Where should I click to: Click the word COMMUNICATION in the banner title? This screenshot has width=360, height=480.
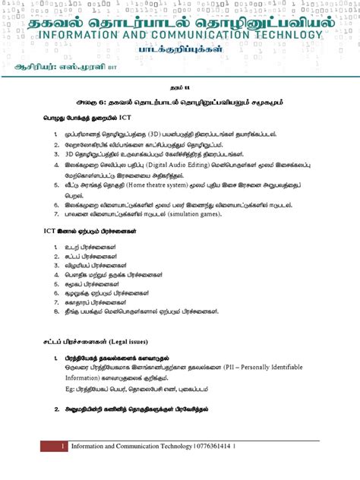[x=194, y=36]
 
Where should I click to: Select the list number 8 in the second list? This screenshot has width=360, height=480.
[x=56, y=311]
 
